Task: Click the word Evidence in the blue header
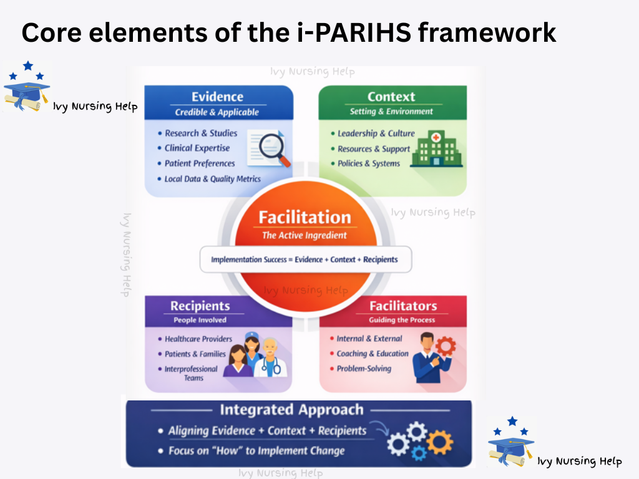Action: click(x=217, y=97)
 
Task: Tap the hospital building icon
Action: click(x=437, y=148)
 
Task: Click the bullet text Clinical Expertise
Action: click(x=197, y=148)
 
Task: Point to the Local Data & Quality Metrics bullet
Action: click(x=212, y=179)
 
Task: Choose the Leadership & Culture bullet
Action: click(x=376, y=133)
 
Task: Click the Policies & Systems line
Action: click(x=368, y=163)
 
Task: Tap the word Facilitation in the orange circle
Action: click(x=305, y=217)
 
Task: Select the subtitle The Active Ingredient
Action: click(x=305, y=236)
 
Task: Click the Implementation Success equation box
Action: click(x=305, y=259)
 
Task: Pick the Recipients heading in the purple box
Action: click(x=200, y=306)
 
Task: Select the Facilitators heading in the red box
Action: click(x=403, y=306)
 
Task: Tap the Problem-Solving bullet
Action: click(x=364, y=369)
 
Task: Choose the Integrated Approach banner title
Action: click(x=291, y=410)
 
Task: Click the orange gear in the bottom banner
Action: click(x=439, y=442)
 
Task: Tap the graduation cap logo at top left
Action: click(x=26, y=87)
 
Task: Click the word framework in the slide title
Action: click(x=487, y=32)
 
